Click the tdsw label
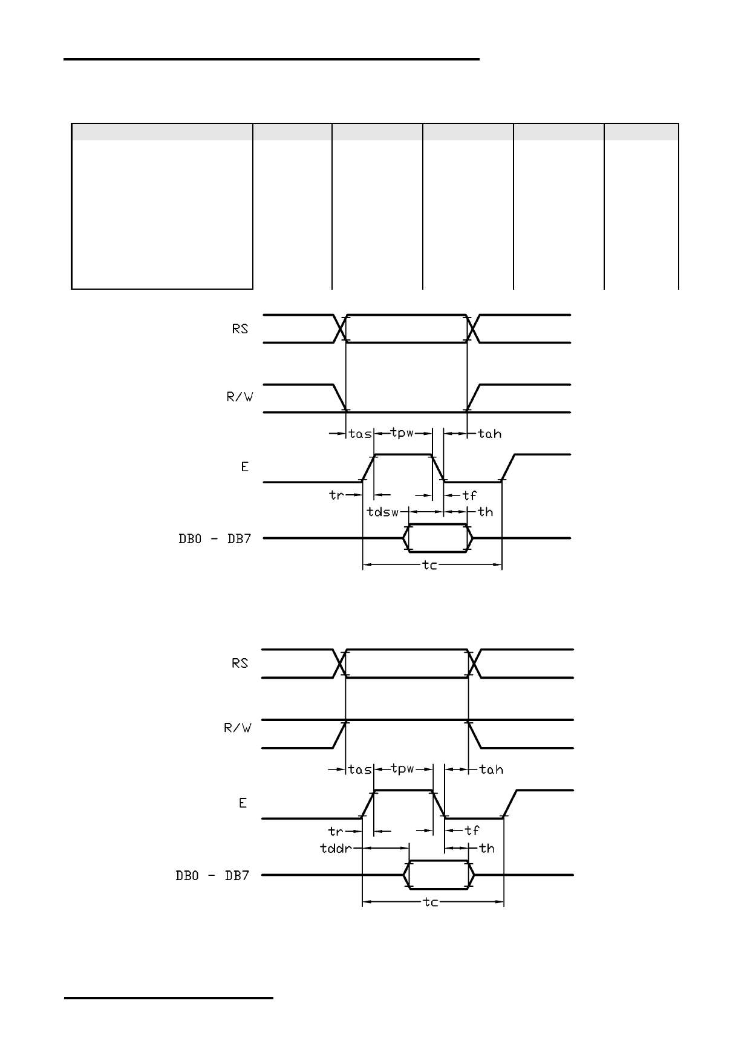pyautogui.click(x=383, y=512)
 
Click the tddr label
pyautogui.click(x=336, y=848)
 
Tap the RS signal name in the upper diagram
pyautogui.click(x=240, y=329)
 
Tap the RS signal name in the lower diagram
pyautogui.click(x=240, y=663)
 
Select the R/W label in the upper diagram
pyautogui.click(x=239, y=398)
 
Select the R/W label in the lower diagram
pyautogui.click(x=238, y=728)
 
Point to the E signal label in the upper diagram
pyautogui.click(x=244, y=467)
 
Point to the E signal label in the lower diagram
pyautogui.click(x=243, y=803)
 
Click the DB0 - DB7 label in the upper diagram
pyautogui.click(x=215, y=538)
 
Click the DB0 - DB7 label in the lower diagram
pyautogui.click(x=213, y=875)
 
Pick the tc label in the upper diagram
pyautogui.click(x=429, y=566)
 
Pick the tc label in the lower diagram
pyautogui.click(x=431, y=902)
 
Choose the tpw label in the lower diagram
pyautogui.click(x=403, y=769)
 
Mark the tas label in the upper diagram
pyautogui.click(x=360, y=434)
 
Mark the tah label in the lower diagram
pyautogui.click(x=491, y=769)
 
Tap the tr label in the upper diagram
pyautogui.click(x=336, y=495)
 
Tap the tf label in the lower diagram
pyautogui.click(x=472, y=831)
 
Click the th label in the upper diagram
pyautogui.click(x=486, y=512)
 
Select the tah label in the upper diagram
pyautogui.click(x=490, y=434)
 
